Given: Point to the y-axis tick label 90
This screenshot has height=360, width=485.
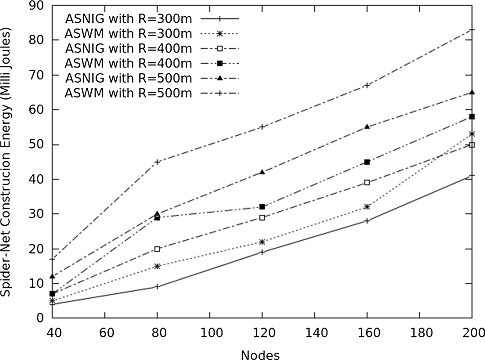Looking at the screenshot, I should [x=37, y=5].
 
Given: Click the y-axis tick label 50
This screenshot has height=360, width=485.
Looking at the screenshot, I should [x=37, y=145].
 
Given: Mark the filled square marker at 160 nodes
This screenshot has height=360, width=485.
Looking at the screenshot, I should [x=367, y=162].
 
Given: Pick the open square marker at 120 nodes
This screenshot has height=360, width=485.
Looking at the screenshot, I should [x=262, y=217].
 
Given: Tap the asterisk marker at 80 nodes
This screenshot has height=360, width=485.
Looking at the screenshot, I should [x=157, y=266].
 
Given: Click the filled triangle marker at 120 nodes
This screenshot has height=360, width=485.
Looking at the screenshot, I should [x=262, y=172].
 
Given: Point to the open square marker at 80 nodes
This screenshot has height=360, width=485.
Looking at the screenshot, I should [x=157, y=249].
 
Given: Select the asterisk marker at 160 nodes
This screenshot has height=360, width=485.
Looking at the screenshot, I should [x=367, y=207].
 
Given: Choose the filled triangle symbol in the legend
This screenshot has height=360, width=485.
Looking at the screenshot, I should [x=220, y=79].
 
